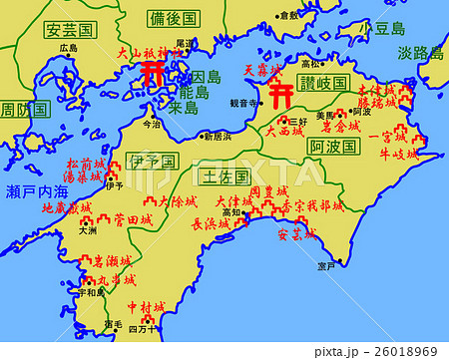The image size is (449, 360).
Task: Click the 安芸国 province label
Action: point(68,30)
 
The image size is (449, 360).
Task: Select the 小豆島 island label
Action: point(388,29)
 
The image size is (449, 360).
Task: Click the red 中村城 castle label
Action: point(147,308)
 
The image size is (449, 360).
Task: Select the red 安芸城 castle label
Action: point(295,235)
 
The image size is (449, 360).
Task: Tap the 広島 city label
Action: point(68,48)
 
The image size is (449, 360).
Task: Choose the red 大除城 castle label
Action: point(178,201)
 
